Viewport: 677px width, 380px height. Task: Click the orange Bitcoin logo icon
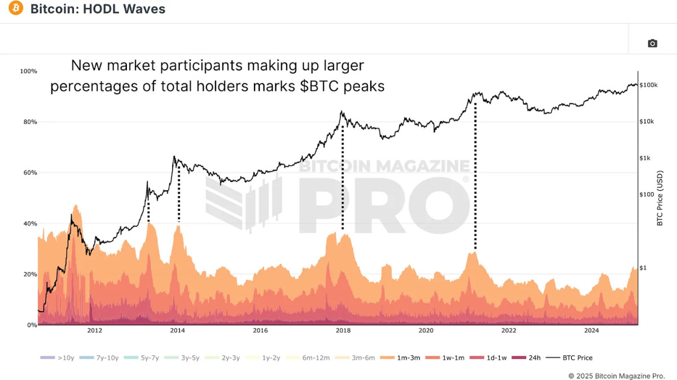(x=16, y=9)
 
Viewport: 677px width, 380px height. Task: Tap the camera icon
(x=652, y=43)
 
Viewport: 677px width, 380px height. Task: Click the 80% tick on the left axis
(x=28, y=122)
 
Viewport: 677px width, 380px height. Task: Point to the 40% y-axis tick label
(x=28, y=223)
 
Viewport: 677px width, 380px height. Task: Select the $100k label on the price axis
(x=649, y=85)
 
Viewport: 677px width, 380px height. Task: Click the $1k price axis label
(x=646, y=158)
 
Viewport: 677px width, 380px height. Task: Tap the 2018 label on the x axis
(x=343, y=331)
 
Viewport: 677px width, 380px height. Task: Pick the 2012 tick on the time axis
(x=94, y=331)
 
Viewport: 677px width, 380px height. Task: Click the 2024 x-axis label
(x=592, y=331)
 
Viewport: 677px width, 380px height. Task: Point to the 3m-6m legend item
(x=358, y=357)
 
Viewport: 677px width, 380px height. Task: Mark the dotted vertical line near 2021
(x=476, y=175)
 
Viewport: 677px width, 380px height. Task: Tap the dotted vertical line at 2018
(x=342, y=178)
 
